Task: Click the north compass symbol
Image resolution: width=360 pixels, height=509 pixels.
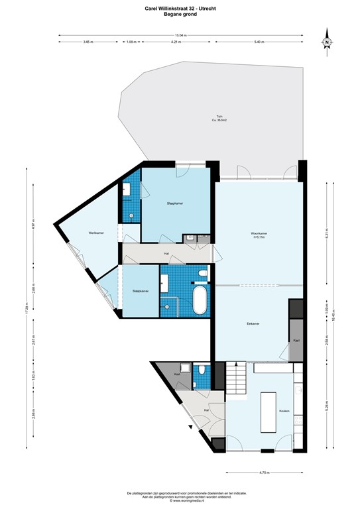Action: [x=327, y=41]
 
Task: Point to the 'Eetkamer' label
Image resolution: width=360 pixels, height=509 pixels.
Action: [x=253, y=323]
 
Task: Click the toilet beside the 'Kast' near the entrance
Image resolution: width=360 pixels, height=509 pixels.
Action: [x=202, y=370]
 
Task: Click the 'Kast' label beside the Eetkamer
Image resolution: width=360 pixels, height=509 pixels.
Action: [x=295, y=340]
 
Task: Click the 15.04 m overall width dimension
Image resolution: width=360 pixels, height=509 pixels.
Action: [x=179, y=34]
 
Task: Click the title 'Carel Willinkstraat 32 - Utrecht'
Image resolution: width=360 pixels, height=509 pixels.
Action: [x=180, y=9]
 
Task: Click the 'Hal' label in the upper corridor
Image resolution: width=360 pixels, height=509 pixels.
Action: [x=166, y=254]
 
